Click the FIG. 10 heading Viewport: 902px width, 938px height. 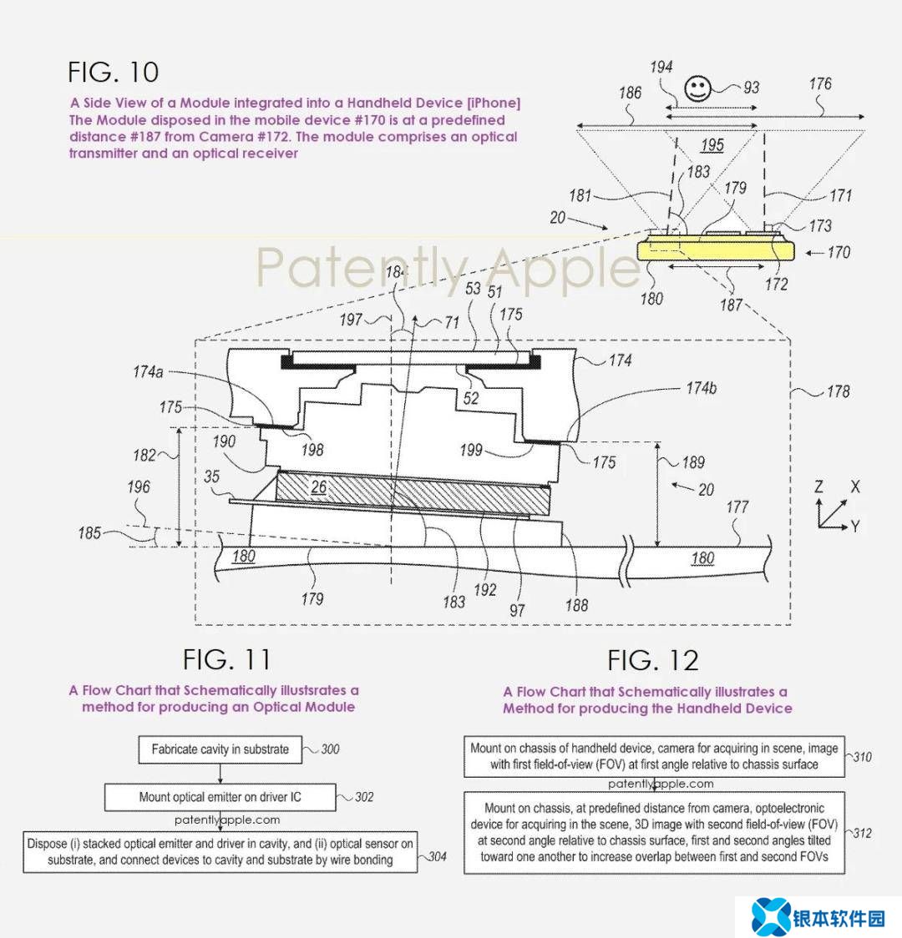click(114, 72)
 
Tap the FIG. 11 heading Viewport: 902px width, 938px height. click(227, 659)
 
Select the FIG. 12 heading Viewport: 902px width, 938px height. click(652, 661)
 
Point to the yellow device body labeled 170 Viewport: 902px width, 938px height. click(714, 251)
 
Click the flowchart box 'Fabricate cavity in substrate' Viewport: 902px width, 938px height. click(220, 749)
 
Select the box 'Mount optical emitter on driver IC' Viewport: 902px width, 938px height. click(220, 797)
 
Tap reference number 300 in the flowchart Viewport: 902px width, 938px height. click(330, 749)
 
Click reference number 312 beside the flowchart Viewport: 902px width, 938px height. click(861, 833)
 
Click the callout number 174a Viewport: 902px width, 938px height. click(148, 372)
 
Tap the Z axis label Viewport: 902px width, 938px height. click(819, 487)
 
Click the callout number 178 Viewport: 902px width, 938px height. click(839, 391)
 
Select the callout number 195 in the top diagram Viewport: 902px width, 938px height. click(712, 145)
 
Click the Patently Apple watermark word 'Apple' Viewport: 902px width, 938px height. click(564, 268)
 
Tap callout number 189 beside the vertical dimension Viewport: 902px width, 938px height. click(692, 462)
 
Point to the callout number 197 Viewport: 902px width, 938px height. click(351, 319)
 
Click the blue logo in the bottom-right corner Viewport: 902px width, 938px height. click(771, 915)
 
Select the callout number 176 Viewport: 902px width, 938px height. click(820, 84)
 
